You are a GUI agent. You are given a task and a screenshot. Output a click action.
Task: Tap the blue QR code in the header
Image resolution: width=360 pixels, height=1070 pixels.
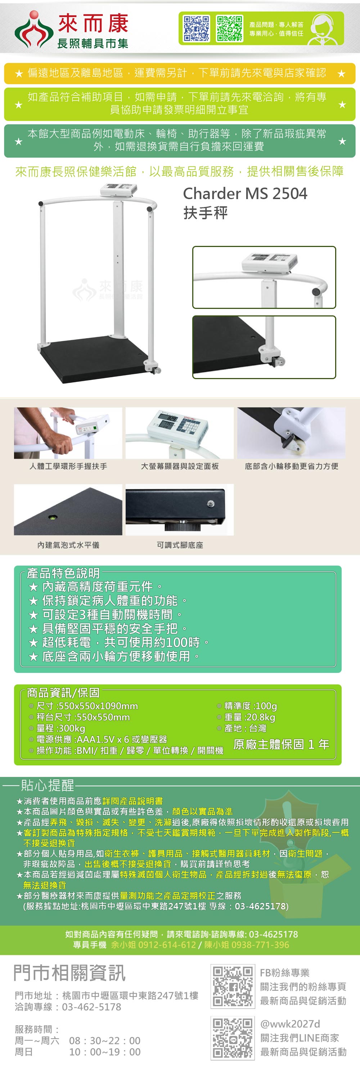click(x=197, y=29)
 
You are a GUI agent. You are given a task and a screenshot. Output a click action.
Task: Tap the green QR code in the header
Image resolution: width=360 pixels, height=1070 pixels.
click(x=229, y=29)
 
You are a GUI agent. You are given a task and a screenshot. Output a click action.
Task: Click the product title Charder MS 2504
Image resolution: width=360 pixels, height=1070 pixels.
click(x=245, y=194)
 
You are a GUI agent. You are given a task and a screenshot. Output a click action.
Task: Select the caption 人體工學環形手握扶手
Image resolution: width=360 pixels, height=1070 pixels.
click(x=68, y=466)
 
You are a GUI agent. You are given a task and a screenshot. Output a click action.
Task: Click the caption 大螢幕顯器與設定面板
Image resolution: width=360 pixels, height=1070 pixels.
click(x=180, y=466)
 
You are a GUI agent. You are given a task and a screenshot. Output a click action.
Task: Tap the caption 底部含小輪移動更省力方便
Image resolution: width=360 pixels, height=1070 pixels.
click(x=292, y=466)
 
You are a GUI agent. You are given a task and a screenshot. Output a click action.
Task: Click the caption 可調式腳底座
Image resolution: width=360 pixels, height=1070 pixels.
click(x=180, y=545)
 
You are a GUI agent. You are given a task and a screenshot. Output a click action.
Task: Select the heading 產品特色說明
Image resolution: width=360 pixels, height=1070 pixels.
click(x=63, y=573)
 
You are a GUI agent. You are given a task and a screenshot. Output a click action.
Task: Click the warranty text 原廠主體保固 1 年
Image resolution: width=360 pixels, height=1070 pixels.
click(x=282, y=744)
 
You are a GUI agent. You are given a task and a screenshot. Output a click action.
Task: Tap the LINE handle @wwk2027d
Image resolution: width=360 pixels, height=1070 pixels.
click(x=290, y=1024)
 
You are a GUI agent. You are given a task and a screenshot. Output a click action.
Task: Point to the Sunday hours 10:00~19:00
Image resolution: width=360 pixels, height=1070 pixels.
click(x=105, y=1052)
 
